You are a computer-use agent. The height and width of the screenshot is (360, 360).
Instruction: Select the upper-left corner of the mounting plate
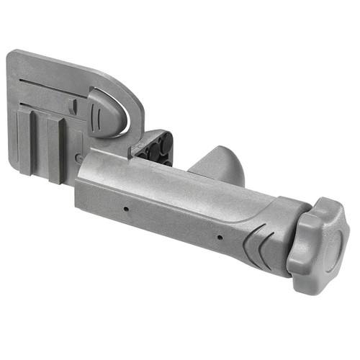point(13,55)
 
